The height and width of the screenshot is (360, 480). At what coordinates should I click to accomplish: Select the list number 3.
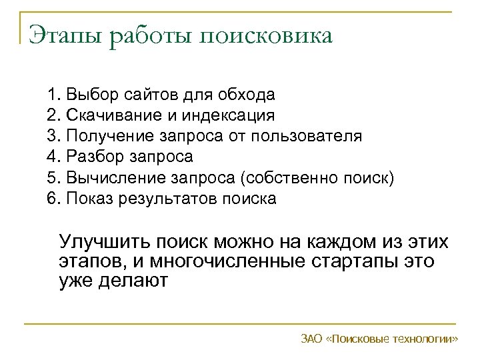pos(52,137)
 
